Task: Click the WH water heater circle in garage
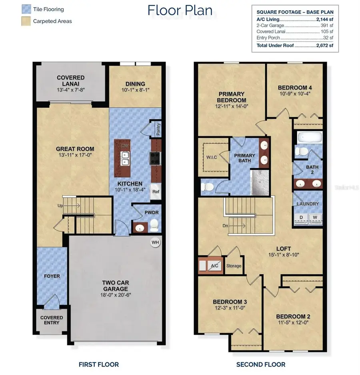[154, 242]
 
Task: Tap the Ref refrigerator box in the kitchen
[155, 191]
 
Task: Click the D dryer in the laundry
[301, 217]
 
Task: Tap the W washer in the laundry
[315, 217]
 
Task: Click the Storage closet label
[234, 265]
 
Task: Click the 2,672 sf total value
[325, 46]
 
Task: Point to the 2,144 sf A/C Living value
[324, 19]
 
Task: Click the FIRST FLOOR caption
[98, 364]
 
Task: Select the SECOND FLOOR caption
[261, 364]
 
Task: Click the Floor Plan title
[180, 10]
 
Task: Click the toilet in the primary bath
[208, 186]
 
